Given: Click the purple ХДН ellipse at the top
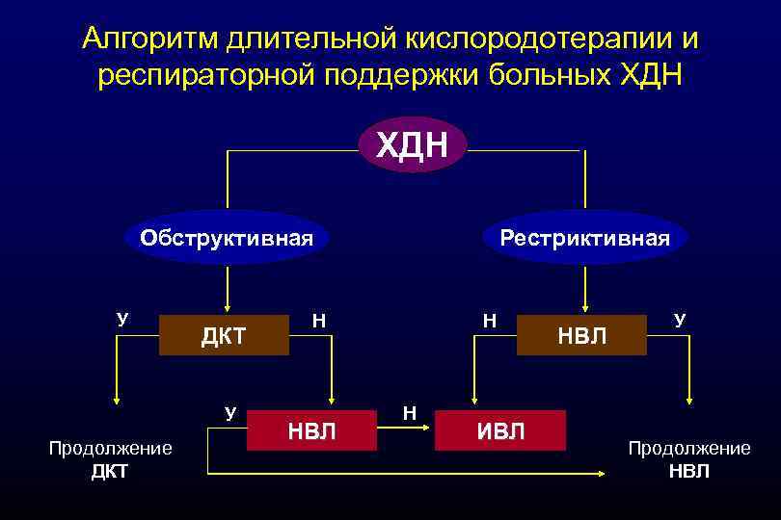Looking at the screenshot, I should pyautogui.click(x=412, y=145).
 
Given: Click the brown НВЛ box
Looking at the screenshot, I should pyautogui.click(x=582, y=335).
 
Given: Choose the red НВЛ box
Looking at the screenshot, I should pyautogui.click(x=311, y=429).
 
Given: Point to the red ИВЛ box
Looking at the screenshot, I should pyautogui.click(x=500, y=429).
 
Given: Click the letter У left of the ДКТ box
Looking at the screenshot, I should pyautogui.click(x=122, y=319).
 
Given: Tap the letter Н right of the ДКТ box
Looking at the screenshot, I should pyautogui.click(x=318, y=320).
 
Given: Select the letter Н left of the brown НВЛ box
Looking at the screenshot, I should pyautogui.click(x=490, y=320).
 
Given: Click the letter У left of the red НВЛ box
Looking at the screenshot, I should pyautogui.click(x=229, y=413).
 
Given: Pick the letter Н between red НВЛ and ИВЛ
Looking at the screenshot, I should pyautogui.click(x=409, y=413).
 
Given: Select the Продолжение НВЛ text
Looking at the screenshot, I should pyautogui.click(x=688, y=459).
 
